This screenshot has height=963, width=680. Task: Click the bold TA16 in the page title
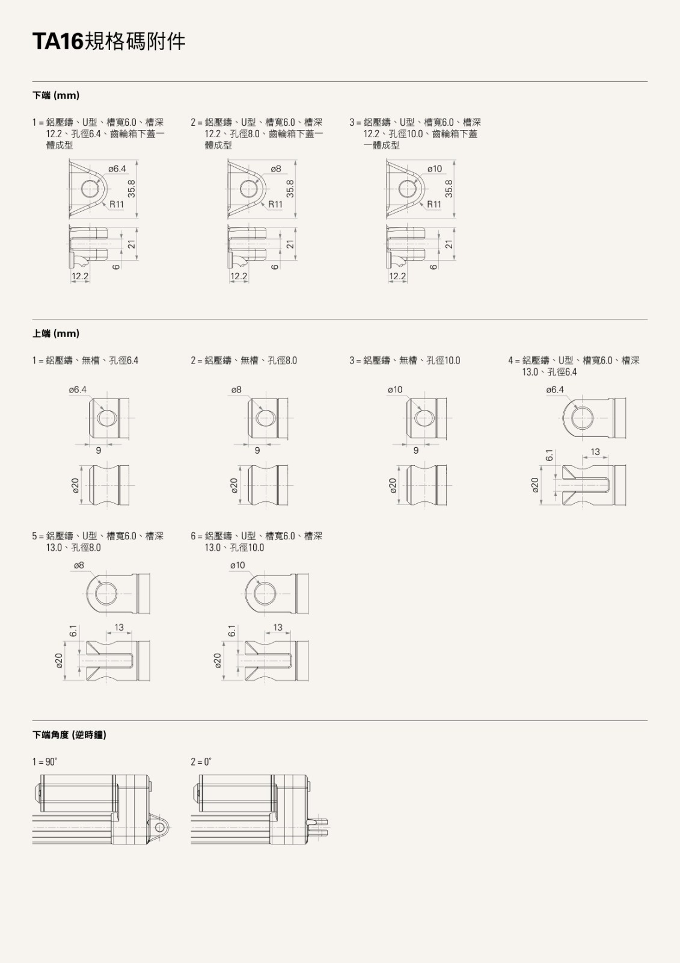coord(58,42)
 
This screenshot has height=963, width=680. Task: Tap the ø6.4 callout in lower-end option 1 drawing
coord(117,169)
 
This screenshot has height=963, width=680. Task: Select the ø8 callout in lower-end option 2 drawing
coord(276,169)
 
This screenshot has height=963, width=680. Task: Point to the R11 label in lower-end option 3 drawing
coord(434,204)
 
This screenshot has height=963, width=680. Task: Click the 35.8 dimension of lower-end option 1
coord(132,189)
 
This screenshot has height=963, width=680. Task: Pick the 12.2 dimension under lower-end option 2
coord(239,276)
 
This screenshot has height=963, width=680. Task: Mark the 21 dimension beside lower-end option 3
coord(449,244)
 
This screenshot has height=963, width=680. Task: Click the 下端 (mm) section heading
coord(56,96)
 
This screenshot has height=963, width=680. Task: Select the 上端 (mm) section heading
coord(56,333)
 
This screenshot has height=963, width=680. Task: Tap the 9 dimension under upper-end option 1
coord(99,451)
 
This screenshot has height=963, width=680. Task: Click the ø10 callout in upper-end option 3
coord(395,390)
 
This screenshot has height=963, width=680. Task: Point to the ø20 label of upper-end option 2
coord(234,485)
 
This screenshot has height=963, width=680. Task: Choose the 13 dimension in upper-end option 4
coord(595,452)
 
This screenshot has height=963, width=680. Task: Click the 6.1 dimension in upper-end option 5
coord(73,631)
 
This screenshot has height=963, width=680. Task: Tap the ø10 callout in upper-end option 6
coord(237,565)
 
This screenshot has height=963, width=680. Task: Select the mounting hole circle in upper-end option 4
coord(583,418)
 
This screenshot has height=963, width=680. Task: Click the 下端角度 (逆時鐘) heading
coord(69,735)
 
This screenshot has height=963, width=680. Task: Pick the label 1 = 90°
coord(44,762)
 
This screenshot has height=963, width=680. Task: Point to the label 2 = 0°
coord(201,762)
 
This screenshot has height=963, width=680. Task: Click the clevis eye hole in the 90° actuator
coord(161,828)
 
